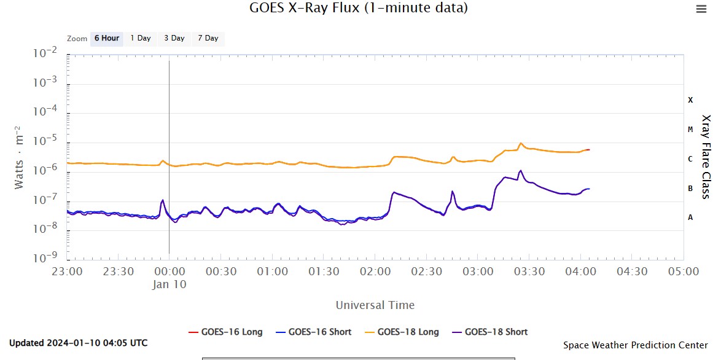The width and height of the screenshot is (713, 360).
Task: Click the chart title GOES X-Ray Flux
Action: click(x=359, y=8)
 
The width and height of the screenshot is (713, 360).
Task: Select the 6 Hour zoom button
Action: click(x=107, y=38)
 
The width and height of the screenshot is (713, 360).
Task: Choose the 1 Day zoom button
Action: click(x=141, y=38)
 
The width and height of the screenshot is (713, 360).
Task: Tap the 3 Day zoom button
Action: click(x=174, y=38)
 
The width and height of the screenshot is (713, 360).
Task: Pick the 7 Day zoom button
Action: click(x=208, y=38)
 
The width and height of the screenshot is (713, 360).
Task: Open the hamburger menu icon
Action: click(x=701, y=9)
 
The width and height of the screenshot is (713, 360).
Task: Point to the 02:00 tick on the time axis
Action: click(x=375, y=272)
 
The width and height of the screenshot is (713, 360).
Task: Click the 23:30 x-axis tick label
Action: click(x=118, y=272)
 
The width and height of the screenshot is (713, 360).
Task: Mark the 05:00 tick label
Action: click(x=683, y=272)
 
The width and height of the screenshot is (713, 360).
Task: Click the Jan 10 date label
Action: click(x=169, y=284)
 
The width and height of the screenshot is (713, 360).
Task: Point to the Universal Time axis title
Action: click(x=375, y=305)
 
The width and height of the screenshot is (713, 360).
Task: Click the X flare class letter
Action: click(x=690, y=100)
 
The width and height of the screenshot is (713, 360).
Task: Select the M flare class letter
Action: click(x=690, y=130)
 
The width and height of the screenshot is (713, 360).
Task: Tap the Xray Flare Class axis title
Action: click(x=706, y=157)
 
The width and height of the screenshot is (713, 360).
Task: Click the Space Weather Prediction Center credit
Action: click(x=635, y=345)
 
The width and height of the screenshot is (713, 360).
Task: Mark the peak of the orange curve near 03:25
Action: click(x=521, y=143)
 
